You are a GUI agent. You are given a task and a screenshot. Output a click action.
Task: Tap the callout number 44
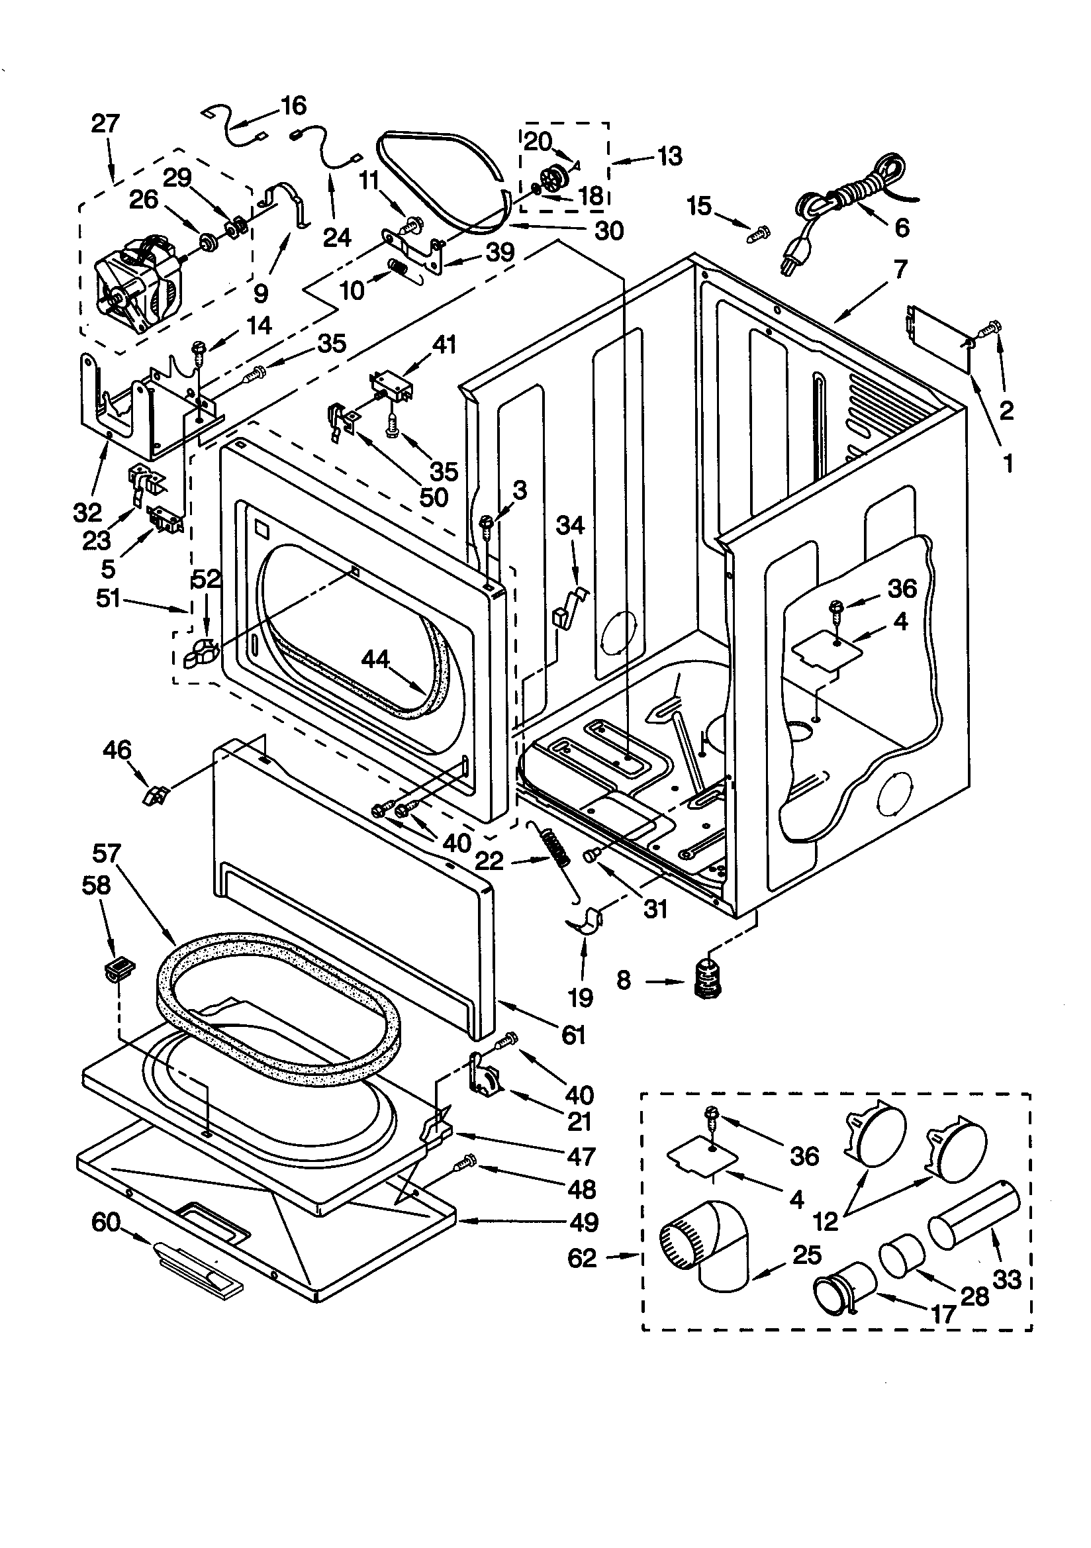point(375,659)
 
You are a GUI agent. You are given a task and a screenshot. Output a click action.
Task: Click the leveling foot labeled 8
point(707,980)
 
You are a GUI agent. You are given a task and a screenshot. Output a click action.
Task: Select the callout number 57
point(106,854)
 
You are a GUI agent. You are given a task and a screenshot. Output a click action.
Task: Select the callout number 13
point(669,156)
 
